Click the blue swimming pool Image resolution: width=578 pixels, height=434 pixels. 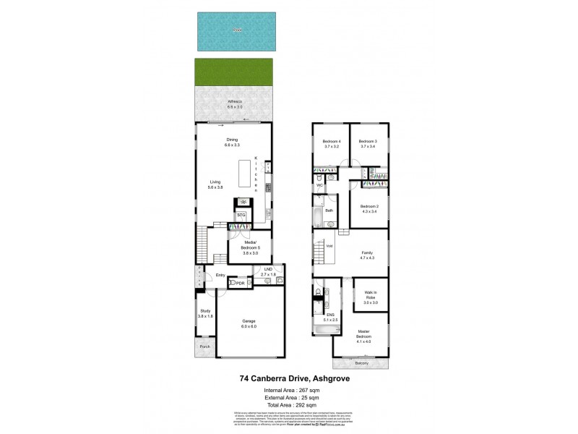pyautogui.click(x=237, y=31)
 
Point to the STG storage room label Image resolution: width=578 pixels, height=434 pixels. pyautogui.click(x=241, y=215)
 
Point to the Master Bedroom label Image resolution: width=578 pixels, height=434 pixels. pyautogui.click(x=368, y=336)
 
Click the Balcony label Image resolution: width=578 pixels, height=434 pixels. pyautogui.click(x=361, y=363)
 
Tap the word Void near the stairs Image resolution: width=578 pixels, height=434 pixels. pyautogui.click(x=329, y=246)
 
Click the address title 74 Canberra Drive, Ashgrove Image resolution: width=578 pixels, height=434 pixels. pyautogui.click(x=288, y=377)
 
